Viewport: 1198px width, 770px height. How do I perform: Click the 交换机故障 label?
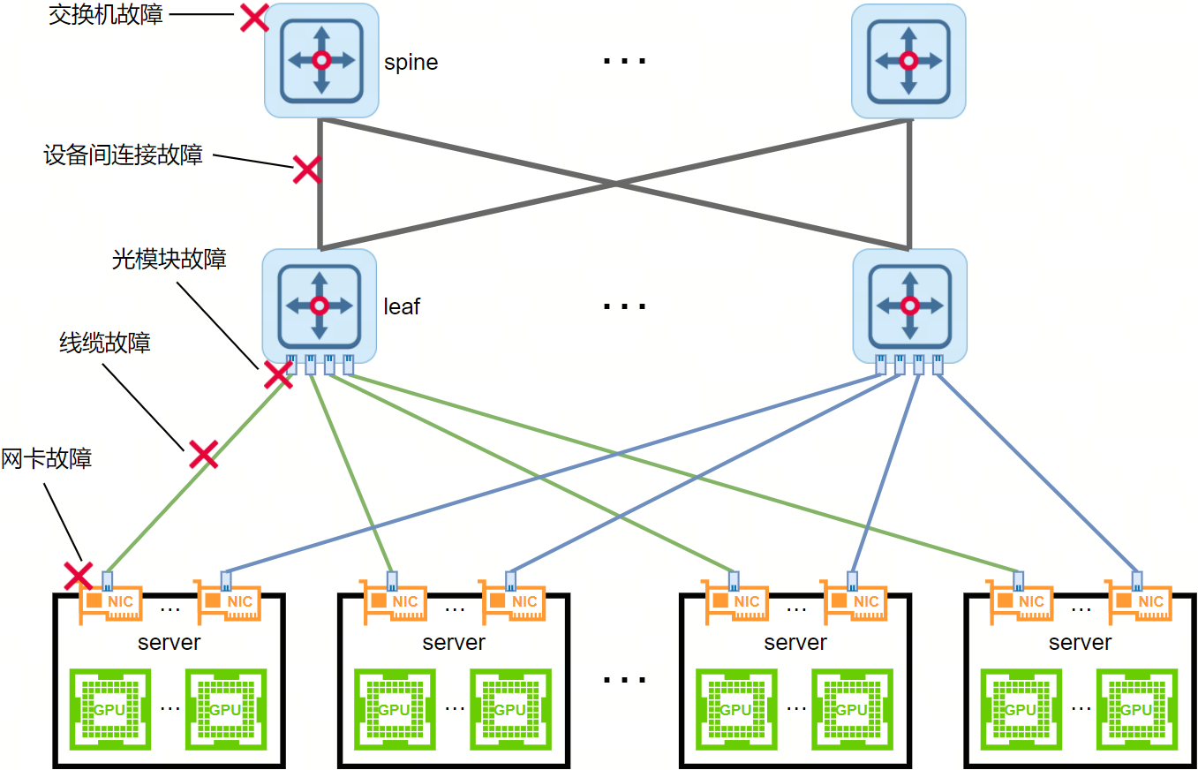[105, 15]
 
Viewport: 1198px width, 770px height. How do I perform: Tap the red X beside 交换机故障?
[255, 18]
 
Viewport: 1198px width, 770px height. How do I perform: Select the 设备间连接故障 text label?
[124, 155]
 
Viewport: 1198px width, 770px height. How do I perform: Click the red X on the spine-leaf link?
[306, 170]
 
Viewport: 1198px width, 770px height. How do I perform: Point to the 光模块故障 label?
[169, 259]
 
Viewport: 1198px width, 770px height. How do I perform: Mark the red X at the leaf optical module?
[279, 375]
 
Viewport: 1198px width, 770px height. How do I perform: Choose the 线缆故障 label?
[105, 342]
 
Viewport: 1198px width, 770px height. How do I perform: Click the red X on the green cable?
[203, 455]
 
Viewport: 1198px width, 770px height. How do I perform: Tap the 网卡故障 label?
[47, 458]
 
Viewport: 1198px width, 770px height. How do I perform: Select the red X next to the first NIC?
[79, 577]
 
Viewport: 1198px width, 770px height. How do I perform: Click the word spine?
[411, 64]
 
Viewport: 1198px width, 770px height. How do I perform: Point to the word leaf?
[402, 306]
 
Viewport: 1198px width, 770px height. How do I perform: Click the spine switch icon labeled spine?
[321, 60]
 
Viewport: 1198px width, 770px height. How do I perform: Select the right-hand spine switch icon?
[908, 60]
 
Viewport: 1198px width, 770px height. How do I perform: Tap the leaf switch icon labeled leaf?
[320, 306]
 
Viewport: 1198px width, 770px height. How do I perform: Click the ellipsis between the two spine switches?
[624, 62]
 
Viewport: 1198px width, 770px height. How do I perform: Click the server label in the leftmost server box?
[170, 642]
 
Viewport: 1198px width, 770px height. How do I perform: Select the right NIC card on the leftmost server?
[229, 601]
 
